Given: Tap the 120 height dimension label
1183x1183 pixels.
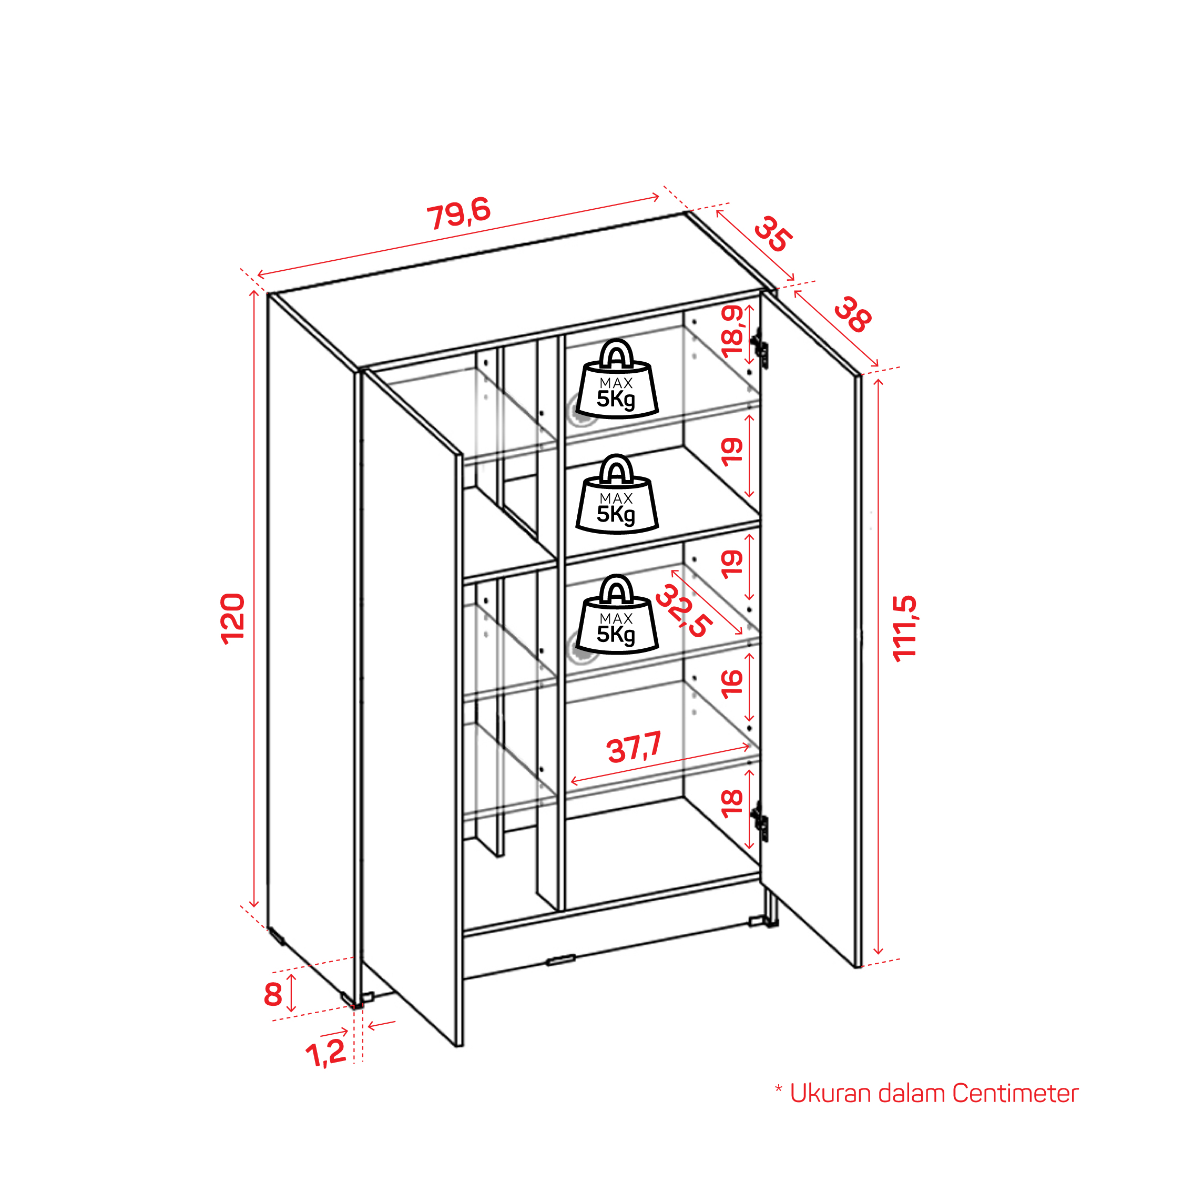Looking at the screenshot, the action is click(x=233, y=618).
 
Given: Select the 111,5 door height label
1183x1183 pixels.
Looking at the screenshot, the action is click(x=904, y=628).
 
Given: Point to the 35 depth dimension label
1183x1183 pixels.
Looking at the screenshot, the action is click(x=773, y=234).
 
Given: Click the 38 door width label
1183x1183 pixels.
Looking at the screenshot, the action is click(x=853, y=315).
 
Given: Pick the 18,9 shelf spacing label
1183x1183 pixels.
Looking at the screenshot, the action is click(x=732, y=331).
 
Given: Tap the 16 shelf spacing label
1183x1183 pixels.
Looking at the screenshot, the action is click(x=732, y=684).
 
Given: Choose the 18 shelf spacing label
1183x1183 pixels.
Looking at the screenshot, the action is click(x=732, y=803).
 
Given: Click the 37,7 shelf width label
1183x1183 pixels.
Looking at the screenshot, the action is click(x=635, y=747).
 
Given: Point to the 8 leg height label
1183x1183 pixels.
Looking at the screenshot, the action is click(x=273, y=994).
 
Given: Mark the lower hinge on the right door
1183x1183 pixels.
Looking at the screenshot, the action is click(x=760, y=821).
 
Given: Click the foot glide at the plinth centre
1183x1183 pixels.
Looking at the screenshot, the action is click(x=561, y=959).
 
